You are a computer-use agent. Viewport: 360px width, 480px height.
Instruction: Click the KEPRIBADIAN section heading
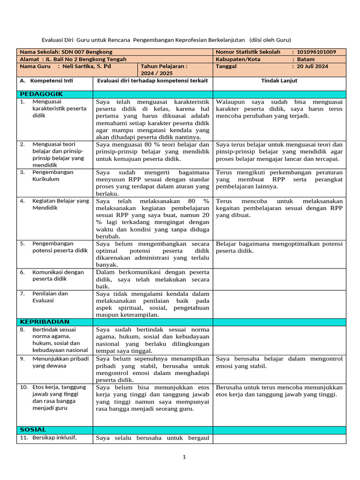point(45,322)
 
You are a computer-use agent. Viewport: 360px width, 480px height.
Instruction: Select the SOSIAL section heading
point(33,429)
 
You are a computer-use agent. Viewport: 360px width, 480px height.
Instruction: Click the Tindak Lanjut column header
point(279,81)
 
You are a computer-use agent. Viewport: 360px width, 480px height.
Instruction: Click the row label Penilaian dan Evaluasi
point(50,297)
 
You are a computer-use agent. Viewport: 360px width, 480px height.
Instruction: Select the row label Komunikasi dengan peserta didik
point(58,276)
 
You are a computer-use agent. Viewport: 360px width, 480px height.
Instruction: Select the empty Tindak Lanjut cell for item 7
point(279,304)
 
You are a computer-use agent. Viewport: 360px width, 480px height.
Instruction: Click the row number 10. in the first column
point(24,387)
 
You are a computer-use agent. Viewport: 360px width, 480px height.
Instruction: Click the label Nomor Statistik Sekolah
point(248,52)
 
